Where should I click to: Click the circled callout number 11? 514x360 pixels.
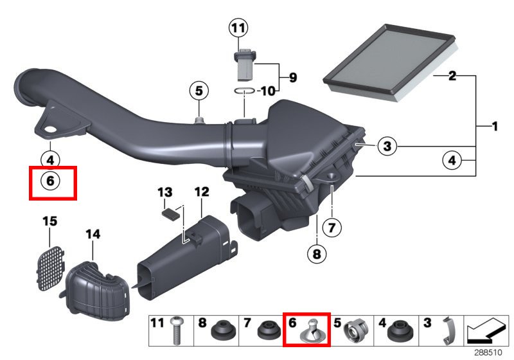coord(238,28)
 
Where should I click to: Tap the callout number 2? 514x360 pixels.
coord(452,76)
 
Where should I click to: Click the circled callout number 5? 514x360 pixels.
coord(199,91)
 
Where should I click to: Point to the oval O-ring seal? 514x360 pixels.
coord(245,91)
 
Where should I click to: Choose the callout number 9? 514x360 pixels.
coord(293,77)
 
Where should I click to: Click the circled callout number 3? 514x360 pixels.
coord(387,146)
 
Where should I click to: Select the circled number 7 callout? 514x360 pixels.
coord(332,227)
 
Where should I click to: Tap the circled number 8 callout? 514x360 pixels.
coord(317,254)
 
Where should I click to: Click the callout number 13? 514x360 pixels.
coord(165,192)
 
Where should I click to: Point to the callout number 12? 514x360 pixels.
coord(202,192)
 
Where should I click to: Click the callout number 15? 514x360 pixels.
coord(50,221)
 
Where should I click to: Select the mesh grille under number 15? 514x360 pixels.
coord(50,268)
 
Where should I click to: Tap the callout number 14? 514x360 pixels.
coord(93,234)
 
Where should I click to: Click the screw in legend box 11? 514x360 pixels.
coord(177,330)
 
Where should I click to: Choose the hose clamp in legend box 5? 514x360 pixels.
coord(355,330)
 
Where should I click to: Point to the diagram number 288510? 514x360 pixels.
coord(488,352)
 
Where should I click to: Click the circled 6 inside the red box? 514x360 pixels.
coord(50,181)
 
